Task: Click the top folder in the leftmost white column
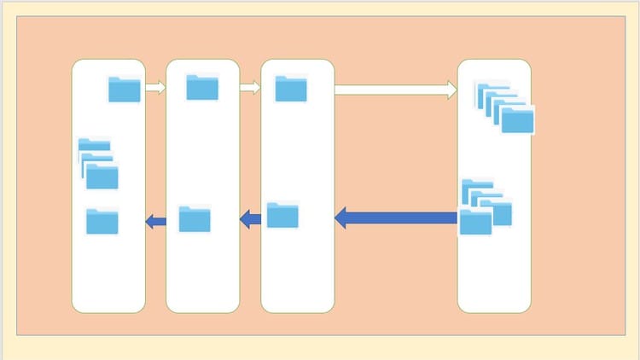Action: click(125, 90)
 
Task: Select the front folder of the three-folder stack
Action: click(102, 177)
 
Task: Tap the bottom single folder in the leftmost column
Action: click(102, 222)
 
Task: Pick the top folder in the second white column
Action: click(202, 87)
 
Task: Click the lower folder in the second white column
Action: click(195, 219)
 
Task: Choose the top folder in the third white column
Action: click(291, 88)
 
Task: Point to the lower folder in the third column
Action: click(282, 215)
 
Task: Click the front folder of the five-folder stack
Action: click(517, 120)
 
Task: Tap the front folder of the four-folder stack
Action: click(475, 223)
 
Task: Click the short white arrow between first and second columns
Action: click(154, 87)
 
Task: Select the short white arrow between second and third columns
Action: click(249, 87)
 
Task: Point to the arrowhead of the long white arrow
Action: click(452, 90)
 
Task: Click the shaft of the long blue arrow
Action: click(401, 218)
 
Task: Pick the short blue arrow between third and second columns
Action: click(251, 220)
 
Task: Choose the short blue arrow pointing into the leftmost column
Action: click(156, 222)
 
